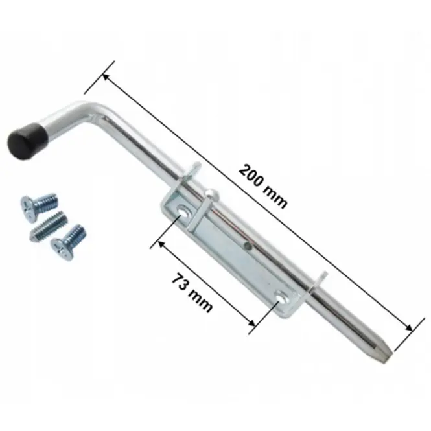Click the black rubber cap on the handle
click(27, 140)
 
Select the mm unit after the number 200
click(275, 197)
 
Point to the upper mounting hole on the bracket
click(183, 210)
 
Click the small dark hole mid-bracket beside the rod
click(248, 246)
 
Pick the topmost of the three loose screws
click(39, 207)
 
